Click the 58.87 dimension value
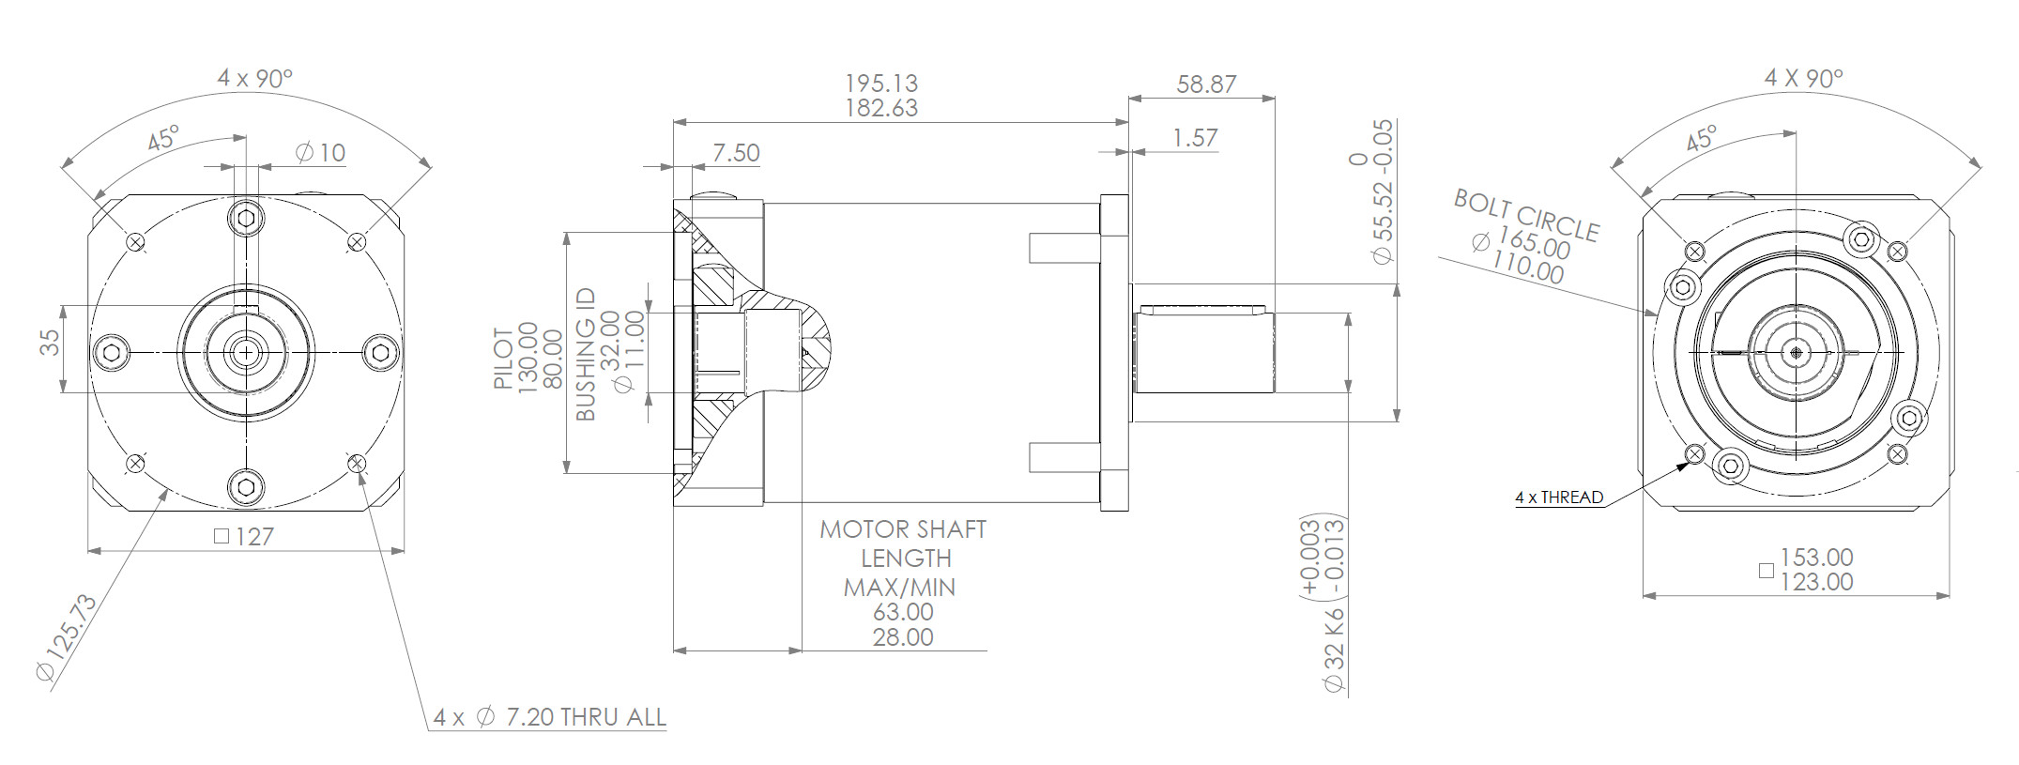point(1206,84)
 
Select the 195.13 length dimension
point(881,84)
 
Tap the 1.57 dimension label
point(1195,138)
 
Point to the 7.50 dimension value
point(736,153)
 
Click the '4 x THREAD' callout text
point(1559,497)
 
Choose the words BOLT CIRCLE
point(1526,215)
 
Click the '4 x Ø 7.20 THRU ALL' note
point(550,718)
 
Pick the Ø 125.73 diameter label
point(67,637)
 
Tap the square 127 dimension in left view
point(244,537)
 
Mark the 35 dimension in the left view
point(50,341)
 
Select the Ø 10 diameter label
point(321,152)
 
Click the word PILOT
point(503,358)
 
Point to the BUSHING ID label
point(586,354)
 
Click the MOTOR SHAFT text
point(903,529)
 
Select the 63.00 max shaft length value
point(903,613)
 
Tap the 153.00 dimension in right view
point(1816,558)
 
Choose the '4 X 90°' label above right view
point(1804,78)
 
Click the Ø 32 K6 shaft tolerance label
point(1334,650)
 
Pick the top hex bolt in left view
point(246,219)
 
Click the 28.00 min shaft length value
point(903,637)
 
